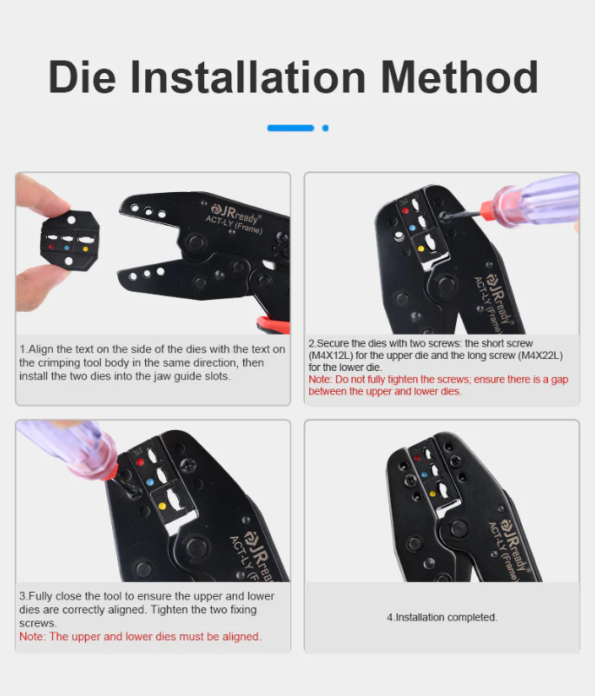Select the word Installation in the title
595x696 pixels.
coord(246,77)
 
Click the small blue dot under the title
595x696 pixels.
coord(325,128)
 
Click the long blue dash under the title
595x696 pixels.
coord(290,128)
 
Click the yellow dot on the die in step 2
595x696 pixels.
coord(421,248)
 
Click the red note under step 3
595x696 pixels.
coord(140,636)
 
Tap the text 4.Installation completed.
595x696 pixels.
coord(441,617)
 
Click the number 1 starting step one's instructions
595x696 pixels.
coord(22,349)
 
